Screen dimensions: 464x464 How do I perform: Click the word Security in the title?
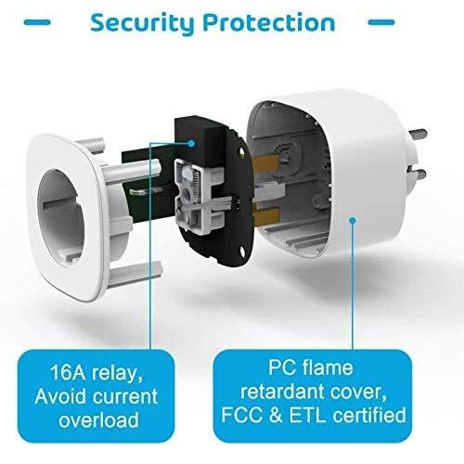[142, 23]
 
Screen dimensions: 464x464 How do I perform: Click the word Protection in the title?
[269, 22]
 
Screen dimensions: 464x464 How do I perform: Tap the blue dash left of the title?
[37, 22]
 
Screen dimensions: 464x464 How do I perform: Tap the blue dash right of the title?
[381, 22]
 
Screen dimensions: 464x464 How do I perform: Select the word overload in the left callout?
[98, 420]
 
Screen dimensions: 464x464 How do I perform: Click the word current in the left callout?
[125, 396]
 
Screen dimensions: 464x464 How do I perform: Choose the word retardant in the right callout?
[282, 392]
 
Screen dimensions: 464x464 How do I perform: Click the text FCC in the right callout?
[241, 415]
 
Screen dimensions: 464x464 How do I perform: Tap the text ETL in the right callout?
[307, 415]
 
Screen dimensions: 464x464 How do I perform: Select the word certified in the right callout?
[369, 415]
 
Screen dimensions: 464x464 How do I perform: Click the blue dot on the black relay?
[191, 143]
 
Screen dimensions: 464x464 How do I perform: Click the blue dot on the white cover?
[353, 220]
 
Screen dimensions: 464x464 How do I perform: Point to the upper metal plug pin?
[419, 135]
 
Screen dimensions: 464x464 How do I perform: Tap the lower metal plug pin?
[418, 174]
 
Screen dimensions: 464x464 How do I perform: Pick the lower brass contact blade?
[266, 216]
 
